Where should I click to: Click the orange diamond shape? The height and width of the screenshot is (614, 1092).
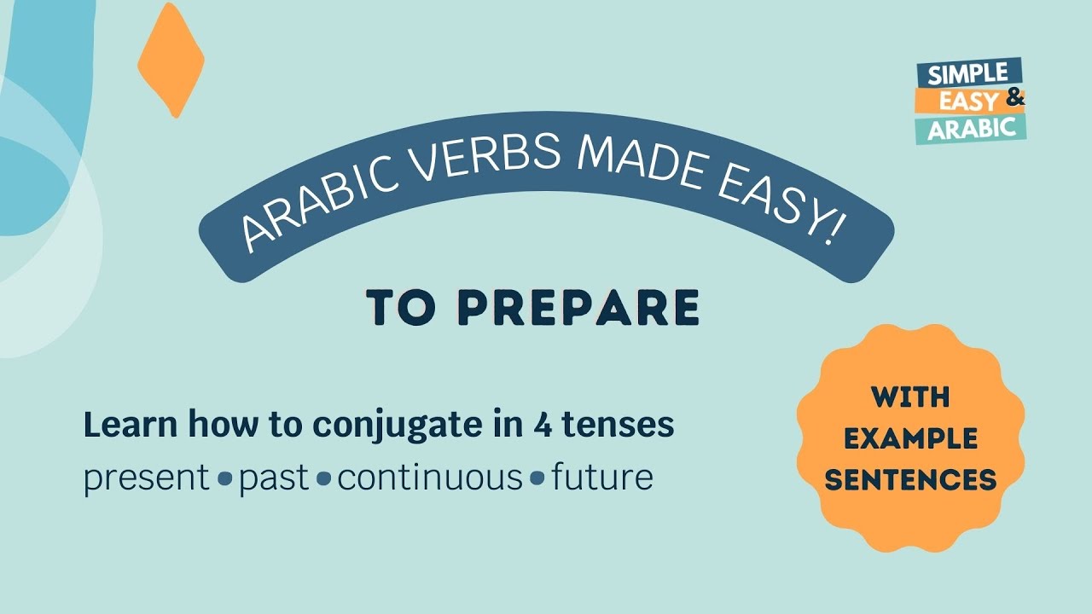point(171,60)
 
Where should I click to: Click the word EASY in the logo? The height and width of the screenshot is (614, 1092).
point(969,101)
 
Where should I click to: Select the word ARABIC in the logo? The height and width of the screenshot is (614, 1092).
point(972,129)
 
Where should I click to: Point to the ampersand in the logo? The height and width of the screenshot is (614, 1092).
point(1015,99)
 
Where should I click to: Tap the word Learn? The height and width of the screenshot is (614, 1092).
point(132,426)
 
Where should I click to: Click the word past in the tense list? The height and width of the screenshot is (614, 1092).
point(273,478)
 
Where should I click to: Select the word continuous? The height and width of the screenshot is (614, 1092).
point(429,478)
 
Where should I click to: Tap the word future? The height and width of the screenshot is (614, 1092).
point(602,478)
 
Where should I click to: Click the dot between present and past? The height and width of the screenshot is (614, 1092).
point(224,479)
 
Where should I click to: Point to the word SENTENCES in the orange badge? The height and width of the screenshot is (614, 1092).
point(910,480)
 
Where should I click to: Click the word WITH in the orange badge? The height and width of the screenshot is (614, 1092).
point(910,397)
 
